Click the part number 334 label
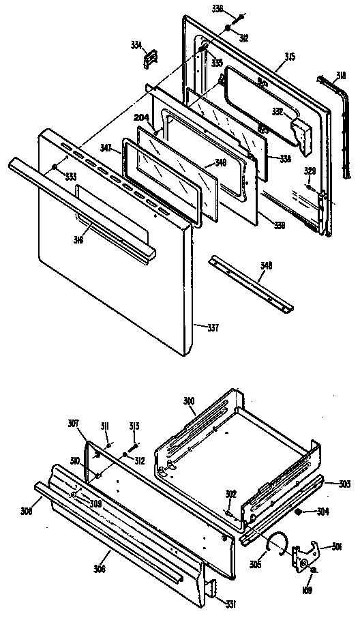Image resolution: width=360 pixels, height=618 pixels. point(136,45)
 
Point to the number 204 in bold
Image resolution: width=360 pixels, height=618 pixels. point(141,117)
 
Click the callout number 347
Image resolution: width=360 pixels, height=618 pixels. point(106,147)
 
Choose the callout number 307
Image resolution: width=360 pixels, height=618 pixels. point(73,423)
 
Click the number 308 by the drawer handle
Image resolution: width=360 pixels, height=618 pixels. point(27,510)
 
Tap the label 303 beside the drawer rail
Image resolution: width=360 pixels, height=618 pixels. point(344,484)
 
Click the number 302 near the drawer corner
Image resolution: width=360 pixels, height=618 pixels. point(232,494)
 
